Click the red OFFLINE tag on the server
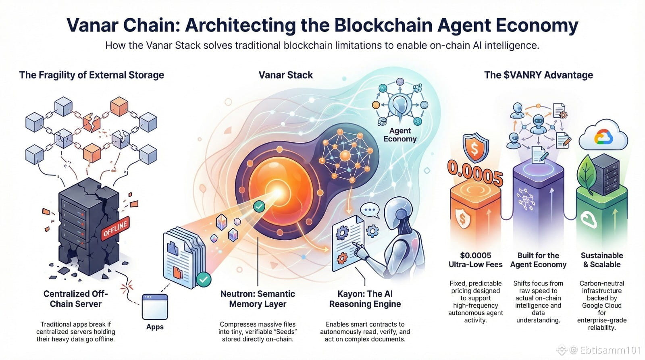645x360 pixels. (x=115, y=229)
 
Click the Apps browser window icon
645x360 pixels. (x=155, y=306)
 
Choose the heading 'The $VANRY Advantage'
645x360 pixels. (x=538, y=75)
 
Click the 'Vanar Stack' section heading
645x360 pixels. (x=285, y=75)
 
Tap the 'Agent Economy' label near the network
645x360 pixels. (x=399, y=135)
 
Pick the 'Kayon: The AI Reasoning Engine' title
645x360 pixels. (x=365, y=299)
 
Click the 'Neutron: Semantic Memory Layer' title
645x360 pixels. (x=258, y=299)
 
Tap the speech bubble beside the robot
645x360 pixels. (x=370, y=210)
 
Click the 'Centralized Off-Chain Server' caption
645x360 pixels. (x=75, y=299)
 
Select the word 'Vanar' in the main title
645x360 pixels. (x=92, y=25)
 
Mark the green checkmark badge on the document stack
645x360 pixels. (x=204, y=279)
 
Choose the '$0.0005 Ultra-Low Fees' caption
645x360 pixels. (x=475, y=260)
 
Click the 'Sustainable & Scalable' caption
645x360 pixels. (x=601, y=260)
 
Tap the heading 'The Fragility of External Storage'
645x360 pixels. (x=92, y=75)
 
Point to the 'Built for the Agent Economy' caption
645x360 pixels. (x=538, y=260)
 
